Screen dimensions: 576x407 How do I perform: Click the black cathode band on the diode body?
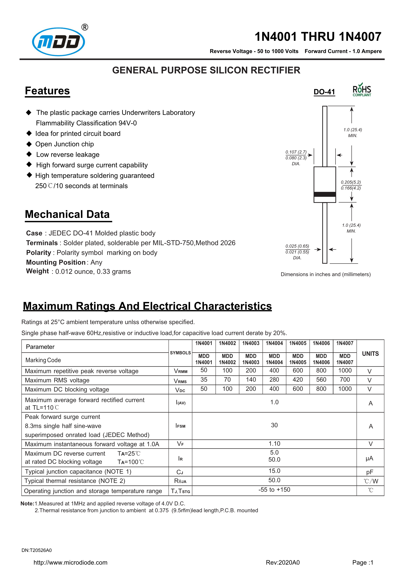[x=325, y=194]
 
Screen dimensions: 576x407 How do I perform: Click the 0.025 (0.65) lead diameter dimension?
[x=297, y=246]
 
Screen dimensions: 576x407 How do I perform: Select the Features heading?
[x=47, y=91]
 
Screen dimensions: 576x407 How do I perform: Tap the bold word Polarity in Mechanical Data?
[x=39, y=253]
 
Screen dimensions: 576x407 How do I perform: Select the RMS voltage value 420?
[x=298, y=380]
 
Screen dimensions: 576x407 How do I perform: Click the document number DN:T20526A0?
[x=37, y=550]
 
